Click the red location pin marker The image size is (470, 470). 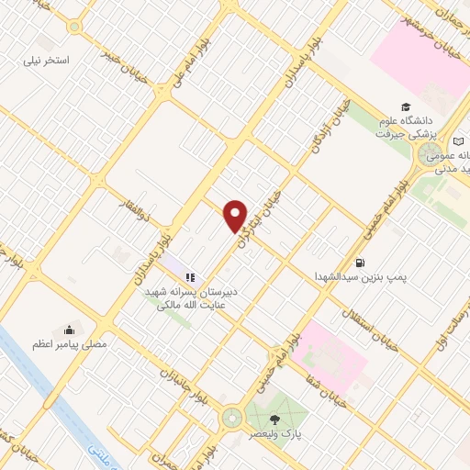coord(236,217)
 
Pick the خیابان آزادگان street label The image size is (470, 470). coord(335,125)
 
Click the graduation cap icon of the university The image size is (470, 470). coord(405,106)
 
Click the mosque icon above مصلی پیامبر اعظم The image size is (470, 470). coord(69,330)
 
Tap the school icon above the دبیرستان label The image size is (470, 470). coord(190,276)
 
